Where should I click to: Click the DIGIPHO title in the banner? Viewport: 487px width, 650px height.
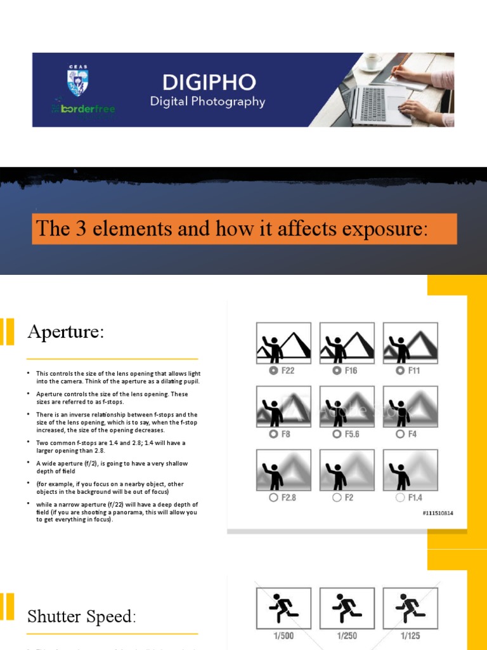coord(209,82)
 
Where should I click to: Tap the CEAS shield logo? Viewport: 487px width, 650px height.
coord(78,83)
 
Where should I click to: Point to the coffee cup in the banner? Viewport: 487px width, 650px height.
coord(373,62)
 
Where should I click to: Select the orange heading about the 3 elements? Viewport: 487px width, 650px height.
coord(244,229)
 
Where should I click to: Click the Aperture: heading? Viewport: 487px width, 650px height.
coord(65,332)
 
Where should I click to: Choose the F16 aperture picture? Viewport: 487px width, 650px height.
coord(347,342)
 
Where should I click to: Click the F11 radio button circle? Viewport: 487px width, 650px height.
coord(399,371)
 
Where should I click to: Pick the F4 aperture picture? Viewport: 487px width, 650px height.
coord(410,406)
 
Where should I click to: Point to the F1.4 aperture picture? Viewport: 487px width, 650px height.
coord(410,469)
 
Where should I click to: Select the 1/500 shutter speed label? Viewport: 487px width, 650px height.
coord(283,635)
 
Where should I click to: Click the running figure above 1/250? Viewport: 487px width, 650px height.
coord(347,607)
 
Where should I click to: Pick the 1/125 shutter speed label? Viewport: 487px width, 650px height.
coord(410,635)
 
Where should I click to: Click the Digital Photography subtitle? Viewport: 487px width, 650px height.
coord(207,102)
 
